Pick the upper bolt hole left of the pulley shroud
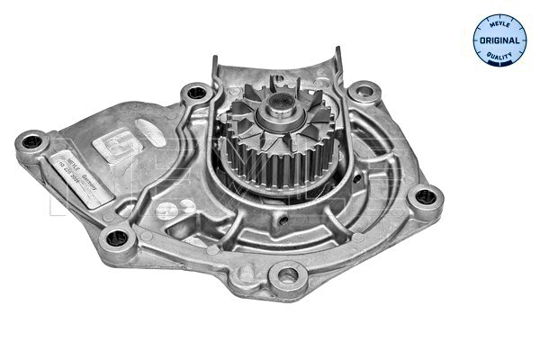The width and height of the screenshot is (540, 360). click(x=194, y=93)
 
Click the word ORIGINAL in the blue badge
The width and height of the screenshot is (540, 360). click(x=499, y=41)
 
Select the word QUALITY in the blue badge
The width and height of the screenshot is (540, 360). click(x=499, y=58)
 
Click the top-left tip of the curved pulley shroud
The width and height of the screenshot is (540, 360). click(x=216, y=59)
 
